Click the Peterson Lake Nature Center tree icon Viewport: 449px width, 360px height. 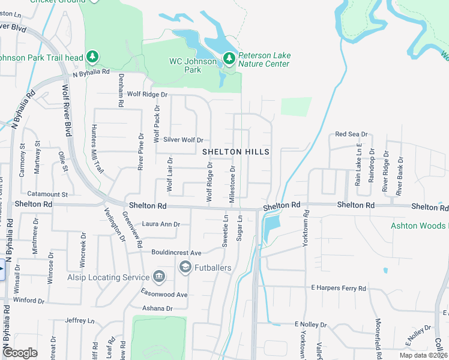(229, 58)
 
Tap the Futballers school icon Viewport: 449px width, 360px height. (185, 267)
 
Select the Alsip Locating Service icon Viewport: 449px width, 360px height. (159, 277)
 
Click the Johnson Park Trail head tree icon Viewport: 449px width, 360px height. (92, 57)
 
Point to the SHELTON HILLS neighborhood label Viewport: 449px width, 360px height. (235, 152)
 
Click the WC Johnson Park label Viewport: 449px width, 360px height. (193, 65)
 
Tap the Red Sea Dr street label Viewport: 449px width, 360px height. (351, 134)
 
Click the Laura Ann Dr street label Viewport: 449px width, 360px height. (161, 225)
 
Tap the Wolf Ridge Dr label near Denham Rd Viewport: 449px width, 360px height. (147, 94)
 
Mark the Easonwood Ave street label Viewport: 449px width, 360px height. (165, 295)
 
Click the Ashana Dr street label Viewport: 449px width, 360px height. (157, 308)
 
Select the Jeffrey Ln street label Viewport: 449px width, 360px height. (80, 321)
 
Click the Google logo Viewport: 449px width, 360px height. (20, 353)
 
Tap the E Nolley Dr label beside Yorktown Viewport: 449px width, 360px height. (310, 325)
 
